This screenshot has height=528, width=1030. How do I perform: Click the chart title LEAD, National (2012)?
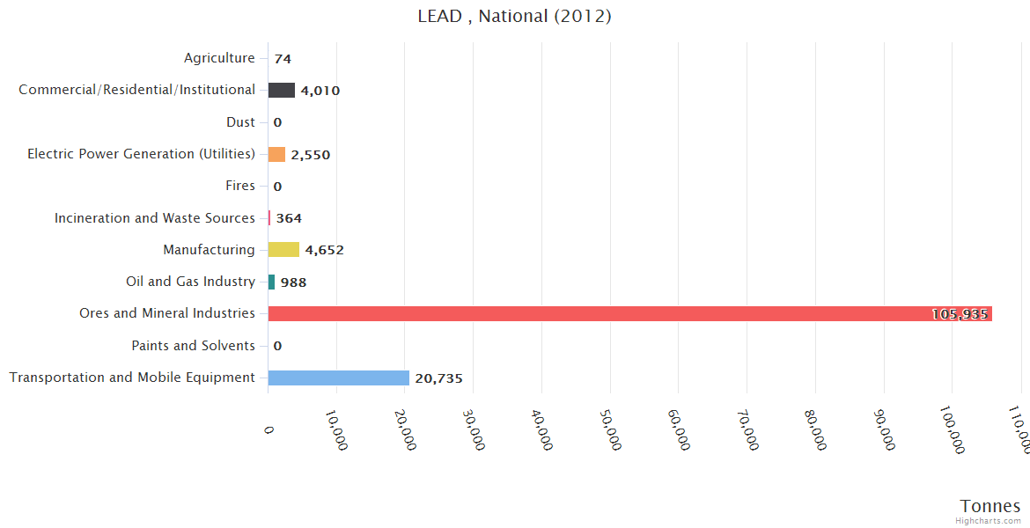pyautogui.click(x=514, y=16)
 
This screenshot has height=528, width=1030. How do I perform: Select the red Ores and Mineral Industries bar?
pyautogui.click(x=629, y=314)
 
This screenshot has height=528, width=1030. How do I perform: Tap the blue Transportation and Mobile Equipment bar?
pyautogui.click(x=339, y=378)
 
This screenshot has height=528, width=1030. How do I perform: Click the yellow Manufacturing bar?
pyautogui.click(x=283, y=250)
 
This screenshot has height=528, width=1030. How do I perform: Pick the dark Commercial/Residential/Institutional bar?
pyautogui.click(x=282, y=90)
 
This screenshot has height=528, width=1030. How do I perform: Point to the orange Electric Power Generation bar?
pyautogui.click(x=276, y=154)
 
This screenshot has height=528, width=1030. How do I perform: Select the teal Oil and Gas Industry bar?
pyautogui.click(x=272, y=282)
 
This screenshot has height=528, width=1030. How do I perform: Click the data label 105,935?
pyautogui.click(x=960, y=314)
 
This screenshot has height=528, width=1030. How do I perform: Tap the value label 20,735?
pyautogui.click(x=438, y=378)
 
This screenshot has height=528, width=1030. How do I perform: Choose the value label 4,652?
pyautogui.click(x=324, y=250)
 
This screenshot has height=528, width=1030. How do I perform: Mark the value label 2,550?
pyautogui.click(x=310, y=155)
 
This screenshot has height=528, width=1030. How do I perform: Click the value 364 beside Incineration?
pyautogui.click(x=289, y=218)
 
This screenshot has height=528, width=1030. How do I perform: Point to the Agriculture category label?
pyautogui.click(x=219, y=58)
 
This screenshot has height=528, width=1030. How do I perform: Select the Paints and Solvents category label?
pyautogui.click(x=193, y=346)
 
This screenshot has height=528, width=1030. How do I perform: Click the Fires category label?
pyautogui.click(x=240, y=186)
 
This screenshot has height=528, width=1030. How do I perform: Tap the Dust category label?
pyautogui.click(x=240, y=122)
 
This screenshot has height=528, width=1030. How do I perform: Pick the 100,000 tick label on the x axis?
pyautogui.click(x=952, y=430)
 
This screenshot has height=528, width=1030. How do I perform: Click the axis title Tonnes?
pyautogui.click(x=990, y=506)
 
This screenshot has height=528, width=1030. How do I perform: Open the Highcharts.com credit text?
pyautogui.click(x=988, y=521)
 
